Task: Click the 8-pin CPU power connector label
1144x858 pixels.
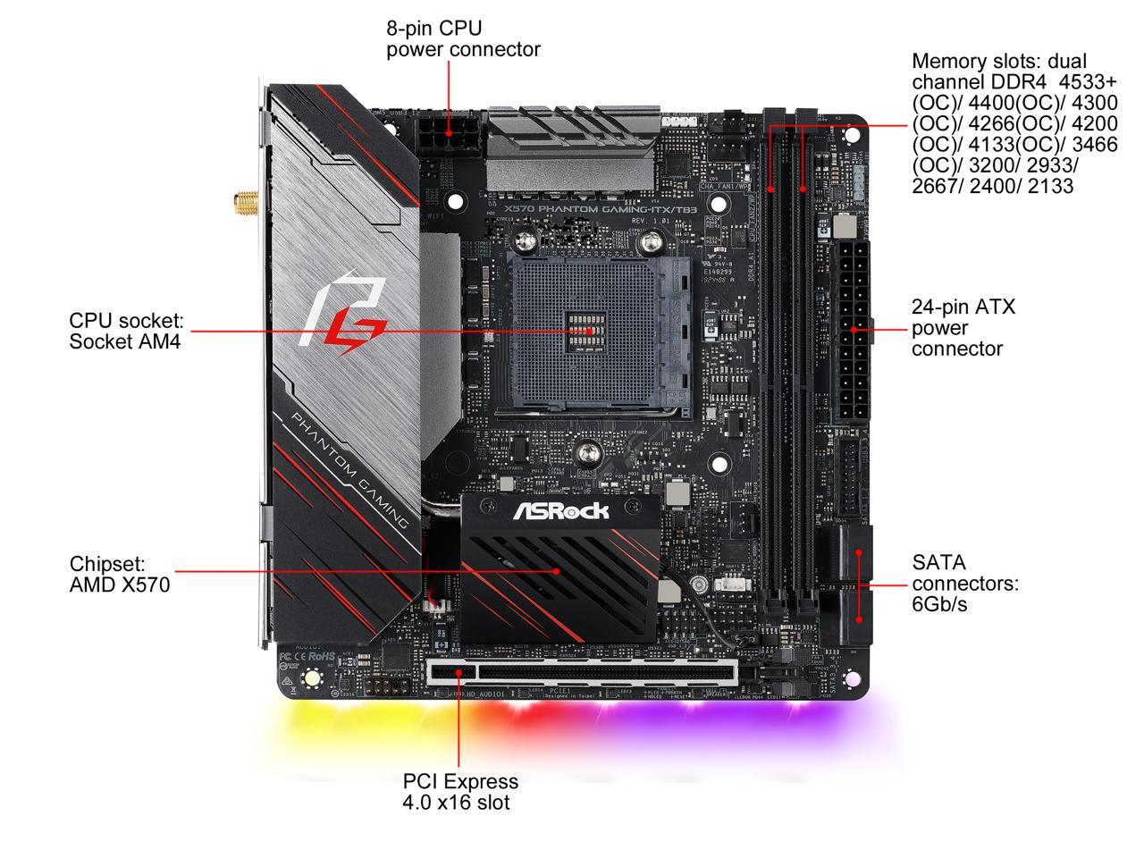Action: [463, 38]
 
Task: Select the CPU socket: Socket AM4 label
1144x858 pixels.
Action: [126, 330]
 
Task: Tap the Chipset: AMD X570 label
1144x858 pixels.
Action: [119, 575]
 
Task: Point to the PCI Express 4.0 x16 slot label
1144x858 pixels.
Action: [459, 791]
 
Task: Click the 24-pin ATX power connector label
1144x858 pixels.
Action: [963, 328]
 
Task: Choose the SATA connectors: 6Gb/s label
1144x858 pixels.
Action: [964, 583]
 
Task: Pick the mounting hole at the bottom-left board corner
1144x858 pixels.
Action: [312, 678]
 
